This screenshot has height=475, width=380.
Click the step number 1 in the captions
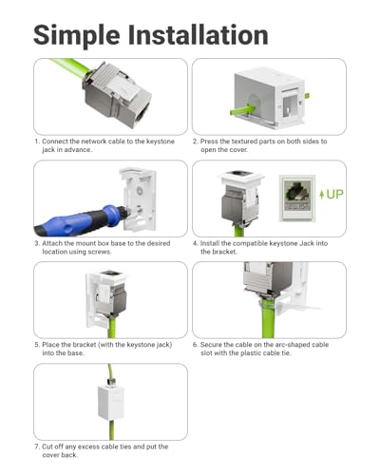[x=36, y=141]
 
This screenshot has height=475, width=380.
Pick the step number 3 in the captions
[x=36, y=242]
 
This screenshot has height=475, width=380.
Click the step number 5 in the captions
[x=36, y=345]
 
